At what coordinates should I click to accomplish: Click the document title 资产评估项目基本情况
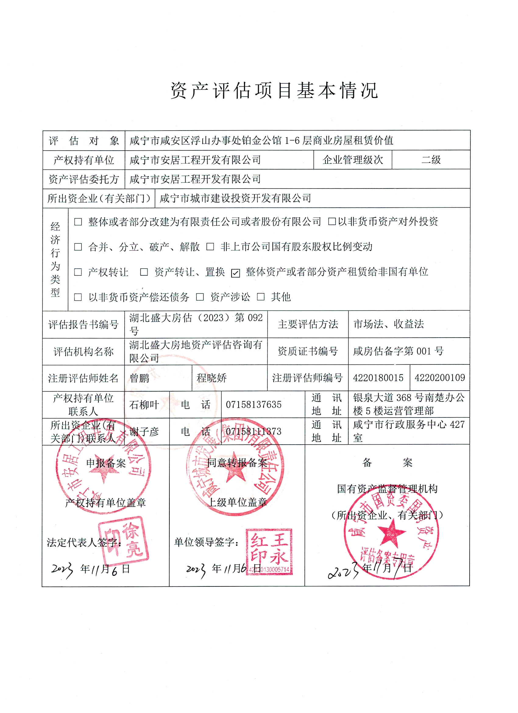click(274, 91)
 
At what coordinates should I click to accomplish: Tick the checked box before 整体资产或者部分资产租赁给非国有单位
click(235, 273)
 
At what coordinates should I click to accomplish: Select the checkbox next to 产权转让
click(78, 272)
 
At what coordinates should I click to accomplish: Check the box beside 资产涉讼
click(200, 297)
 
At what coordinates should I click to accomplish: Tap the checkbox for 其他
click(261, 297)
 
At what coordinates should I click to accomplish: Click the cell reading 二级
click(431, 160)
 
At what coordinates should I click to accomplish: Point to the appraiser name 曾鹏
click(140, 378)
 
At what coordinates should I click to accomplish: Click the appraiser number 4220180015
click(378, 378)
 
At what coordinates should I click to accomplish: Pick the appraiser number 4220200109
click(439, 378)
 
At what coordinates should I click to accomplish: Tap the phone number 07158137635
click(254, 405)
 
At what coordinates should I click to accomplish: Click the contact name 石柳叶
click(144, 405)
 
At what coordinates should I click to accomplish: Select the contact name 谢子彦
click(144, 432)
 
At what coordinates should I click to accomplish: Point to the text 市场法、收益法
click(388, 324)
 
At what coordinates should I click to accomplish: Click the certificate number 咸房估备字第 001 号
click(398, 351)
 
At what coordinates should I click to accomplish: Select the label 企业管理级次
click(353, 160)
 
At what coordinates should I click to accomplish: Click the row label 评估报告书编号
click(83, 324)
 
